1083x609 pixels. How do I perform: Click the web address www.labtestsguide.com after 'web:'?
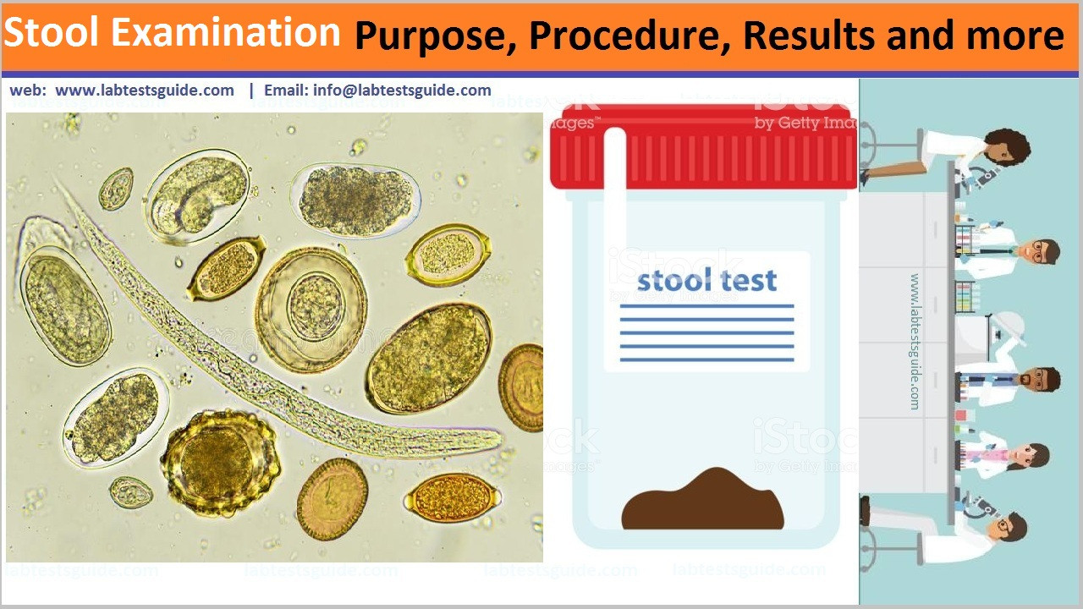tap(145, 91)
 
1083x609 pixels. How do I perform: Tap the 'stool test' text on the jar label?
tap(706, 281)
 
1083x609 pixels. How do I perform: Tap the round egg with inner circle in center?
tap(311, 309)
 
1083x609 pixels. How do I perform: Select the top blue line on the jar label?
tap(706, 305)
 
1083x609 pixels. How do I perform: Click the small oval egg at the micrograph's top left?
tap(116, 189)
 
